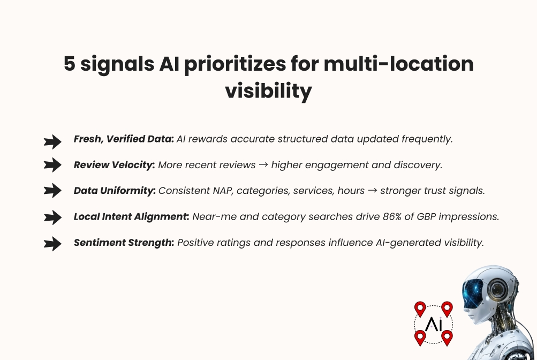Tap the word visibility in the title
268,91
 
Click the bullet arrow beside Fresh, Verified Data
52,141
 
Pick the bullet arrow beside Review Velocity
52,166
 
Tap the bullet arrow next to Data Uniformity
52,191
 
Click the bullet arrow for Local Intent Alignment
52,217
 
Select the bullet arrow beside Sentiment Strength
52,244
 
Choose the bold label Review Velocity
114,165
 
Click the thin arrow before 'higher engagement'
263,165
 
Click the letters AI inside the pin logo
433,324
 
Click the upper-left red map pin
420,309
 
